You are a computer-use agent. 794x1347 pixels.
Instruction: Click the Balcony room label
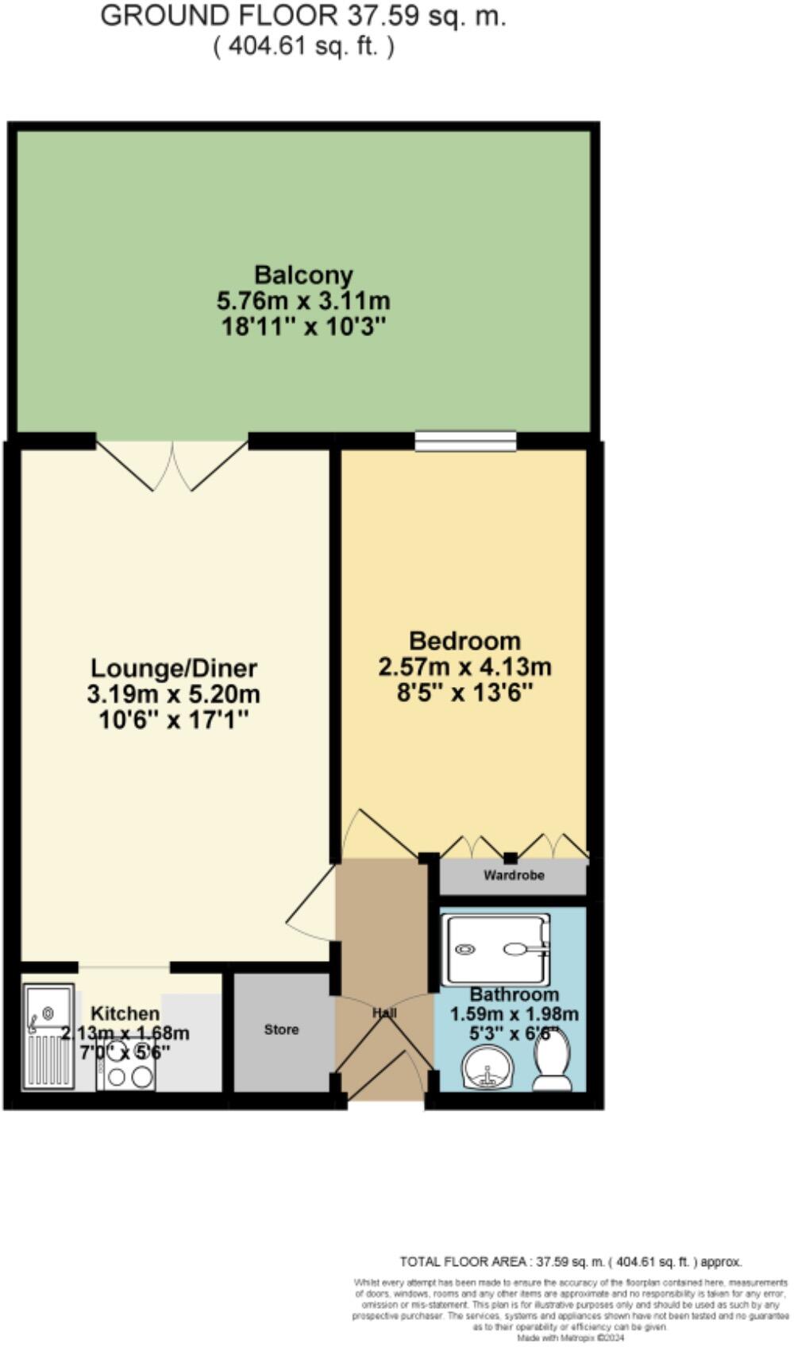[303, 275]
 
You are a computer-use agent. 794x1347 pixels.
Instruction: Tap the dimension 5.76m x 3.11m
[303, 301]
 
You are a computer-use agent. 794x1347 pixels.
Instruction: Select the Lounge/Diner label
[173, 667]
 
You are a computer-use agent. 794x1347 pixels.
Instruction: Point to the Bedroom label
[464, 640]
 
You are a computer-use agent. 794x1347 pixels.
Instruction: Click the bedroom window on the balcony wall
[465, 441]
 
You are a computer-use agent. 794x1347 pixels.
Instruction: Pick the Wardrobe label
[514, 875]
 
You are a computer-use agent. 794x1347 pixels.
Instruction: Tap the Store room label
[281, 1029]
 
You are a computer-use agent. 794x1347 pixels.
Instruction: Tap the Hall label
[384, 1013]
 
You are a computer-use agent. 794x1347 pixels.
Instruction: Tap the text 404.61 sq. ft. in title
[303, 47]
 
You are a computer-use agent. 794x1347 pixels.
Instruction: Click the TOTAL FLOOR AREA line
[570, 1261]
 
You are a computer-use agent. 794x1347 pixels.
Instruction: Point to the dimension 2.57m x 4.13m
[464, 667]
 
